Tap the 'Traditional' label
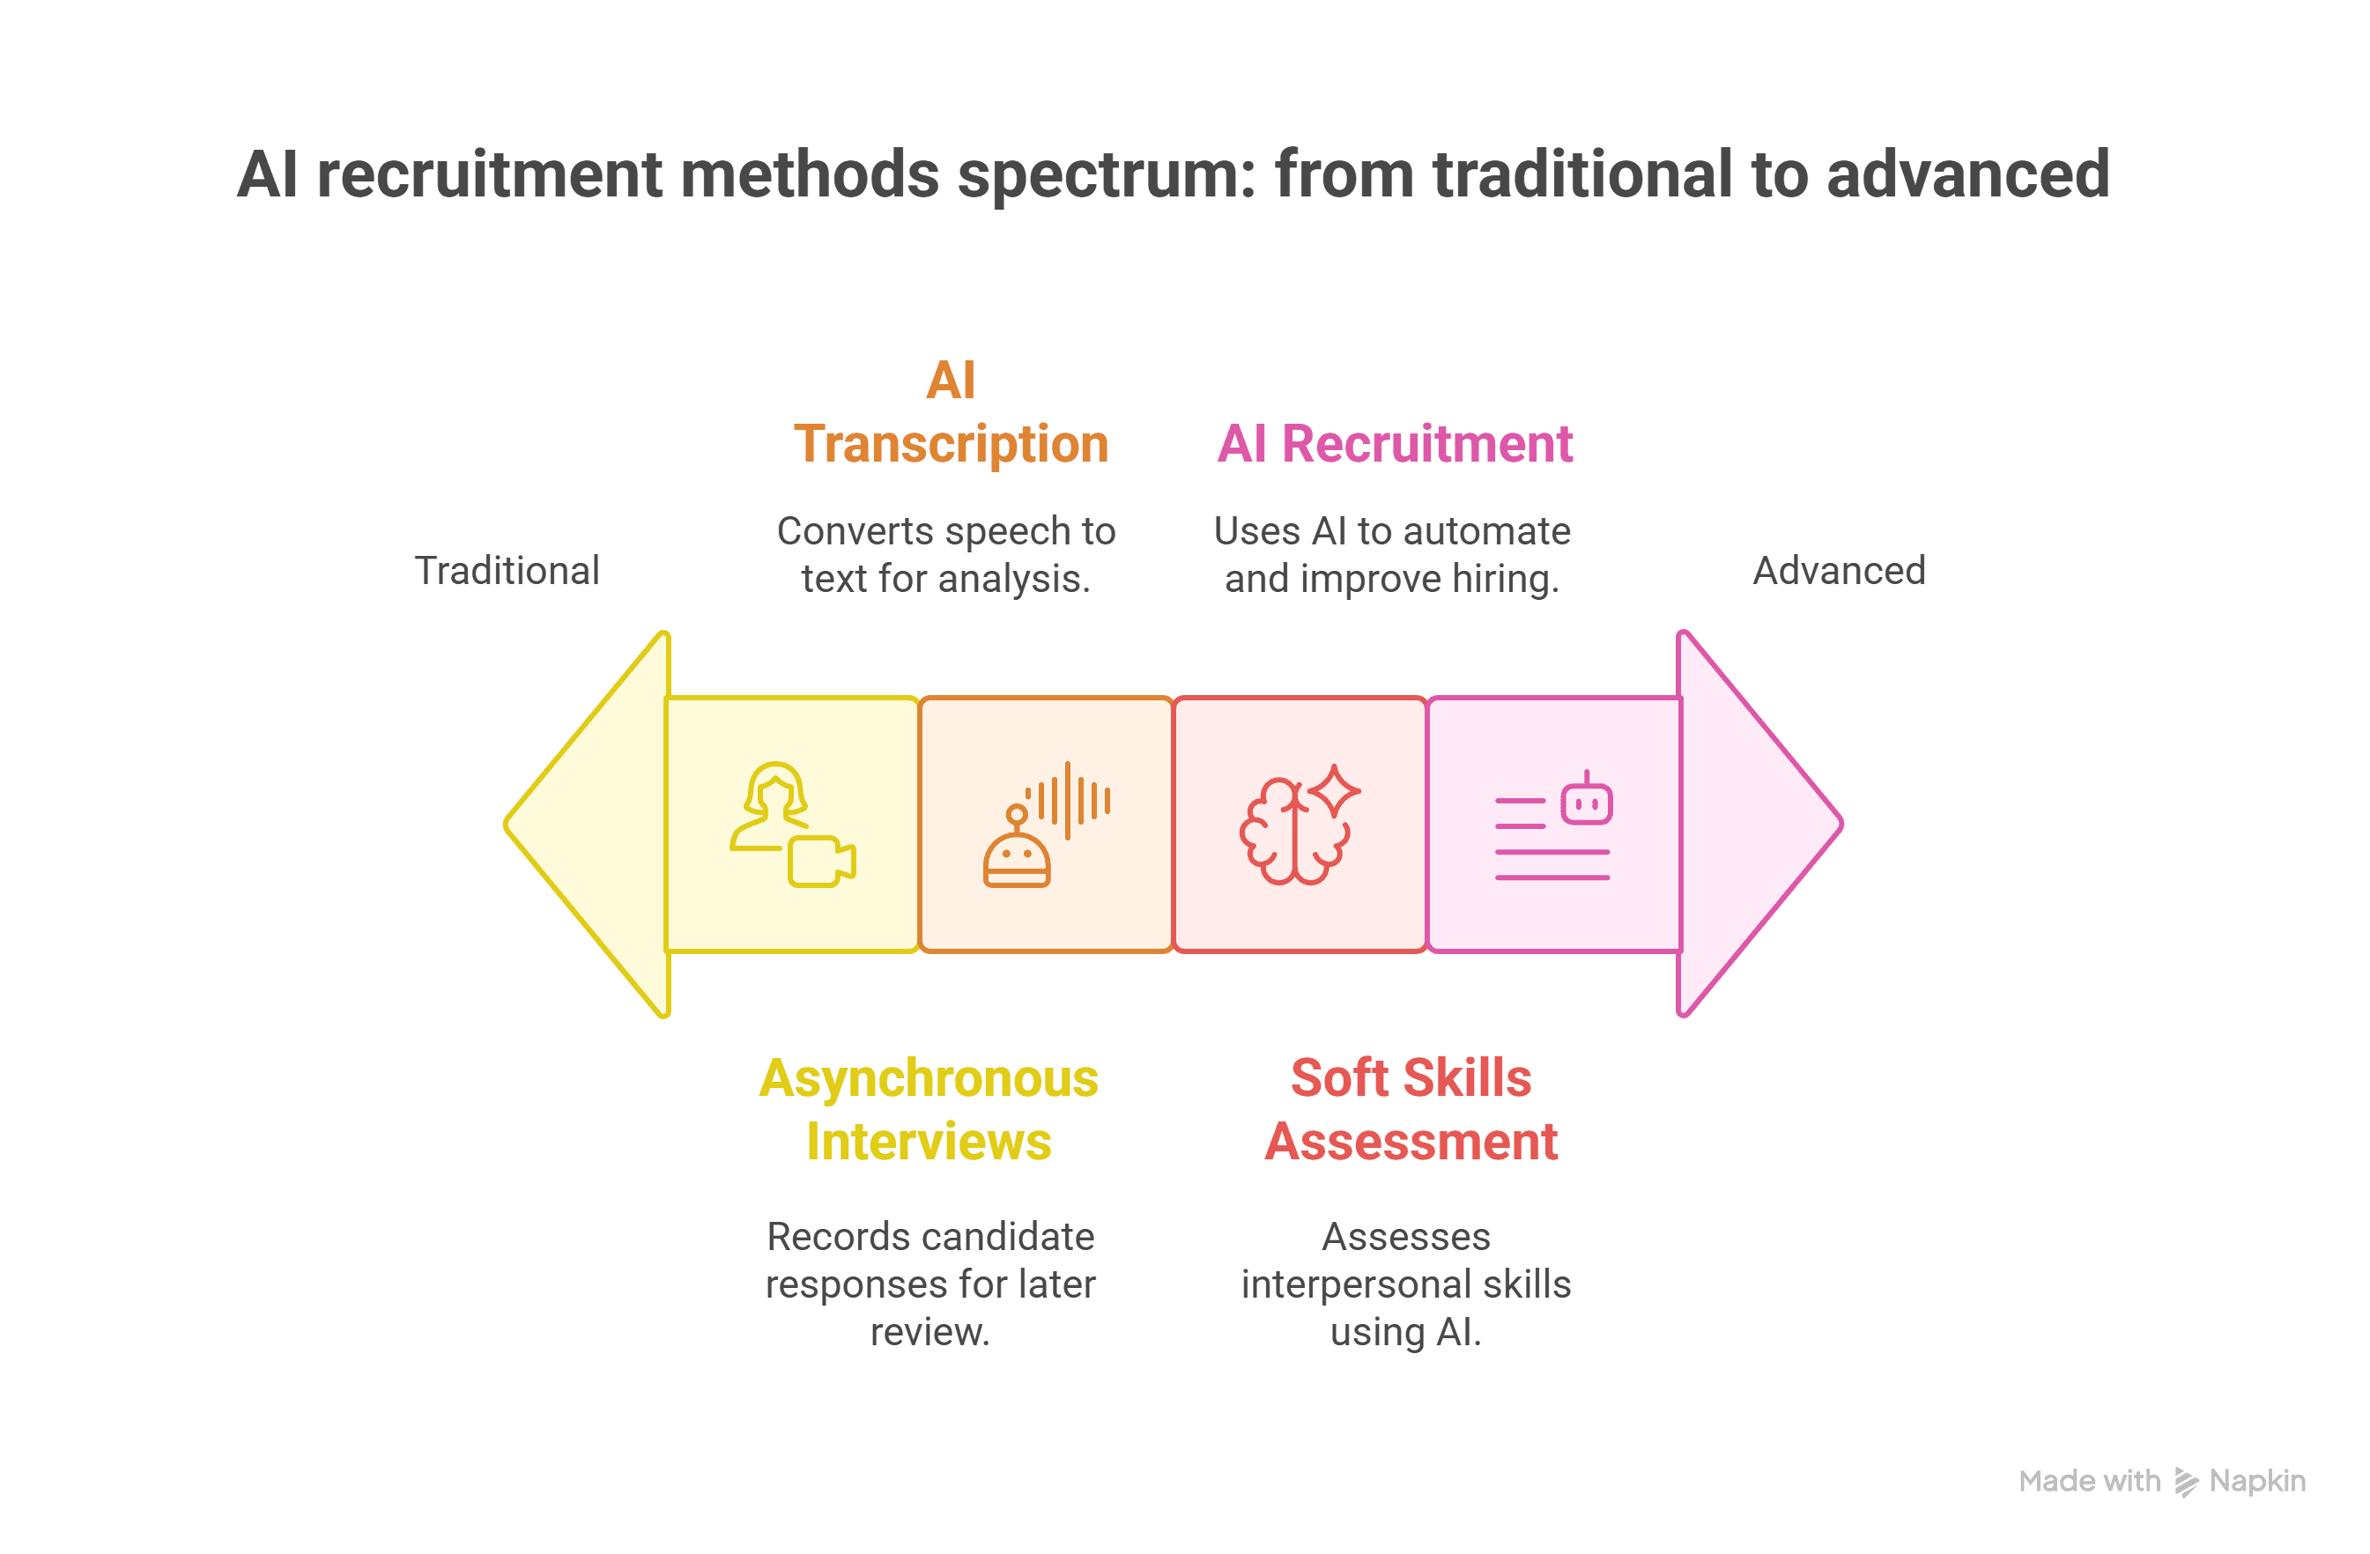tap(507, 572)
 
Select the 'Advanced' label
tap(1838, 572)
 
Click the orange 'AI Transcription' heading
tap(950, 413)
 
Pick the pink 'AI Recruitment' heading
tap(1394, 444)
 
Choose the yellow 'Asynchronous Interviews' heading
tap(928, 1110)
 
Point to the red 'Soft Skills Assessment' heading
tap(1410, 1110)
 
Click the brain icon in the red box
tap(1292, 832)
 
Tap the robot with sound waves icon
tap(1045, 825)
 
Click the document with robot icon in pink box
tap(1552, 826)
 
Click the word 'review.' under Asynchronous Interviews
tap(929, 1332)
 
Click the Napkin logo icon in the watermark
tap(2186, 1483)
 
